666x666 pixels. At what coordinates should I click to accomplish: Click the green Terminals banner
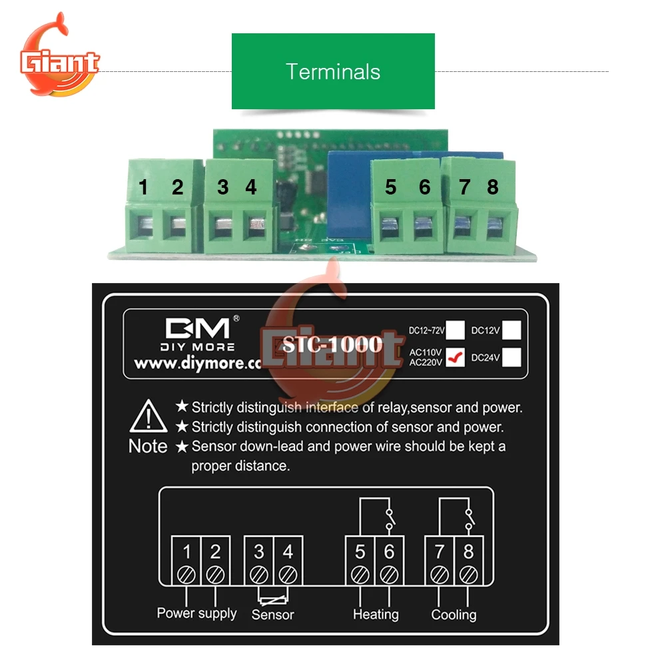pyautogui.click(x=333, y=71)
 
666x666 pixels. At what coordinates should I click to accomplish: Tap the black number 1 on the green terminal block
pyautogui.click(x=143, y=187)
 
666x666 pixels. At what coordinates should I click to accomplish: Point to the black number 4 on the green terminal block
pyautogui.click(x=250, y=187)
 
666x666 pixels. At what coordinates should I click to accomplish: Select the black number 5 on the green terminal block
pyautogui.click(x=390, y=187)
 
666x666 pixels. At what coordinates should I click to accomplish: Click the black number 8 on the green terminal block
pyautogui.click(x=492, y=187)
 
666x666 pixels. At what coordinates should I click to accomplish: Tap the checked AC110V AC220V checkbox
pyautogui.click(x=456, y=358)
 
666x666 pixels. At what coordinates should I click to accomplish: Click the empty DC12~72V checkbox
pyautogui.click(x=456, y=330)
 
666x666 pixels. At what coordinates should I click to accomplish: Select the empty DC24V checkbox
pyautogui.click(x=511, y=358)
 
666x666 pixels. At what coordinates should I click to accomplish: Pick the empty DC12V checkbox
pyautogui.click(x=511, y=330)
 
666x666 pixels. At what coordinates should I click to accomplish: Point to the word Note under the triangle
pyautogui.click(x=148, y=446)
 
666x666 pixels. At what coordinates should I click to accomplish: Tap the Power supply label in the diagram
pyautogui.click(x=196, y=613)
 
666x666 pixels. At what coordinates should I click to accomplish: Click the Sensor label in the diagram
pyautogui.click(x=272, y=614)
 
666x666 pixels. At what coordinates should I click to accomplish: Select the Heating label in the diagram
pyautogui.click(x=376, y=614)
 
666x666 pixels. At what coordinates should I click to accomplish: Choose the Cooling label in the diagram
pyautogui.click(x=454, y=614)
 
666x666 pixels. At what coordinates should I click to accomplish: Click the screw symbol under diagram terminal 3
pyautogui.click(x=258, y=573)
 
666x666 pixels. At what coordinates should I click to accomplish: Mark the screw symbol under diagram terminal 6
pyautogui.click(x=390, y=573)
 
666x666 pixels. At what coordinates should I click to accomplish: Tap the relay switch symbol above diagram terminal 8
pyautogui.click(x=470, y=519)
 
